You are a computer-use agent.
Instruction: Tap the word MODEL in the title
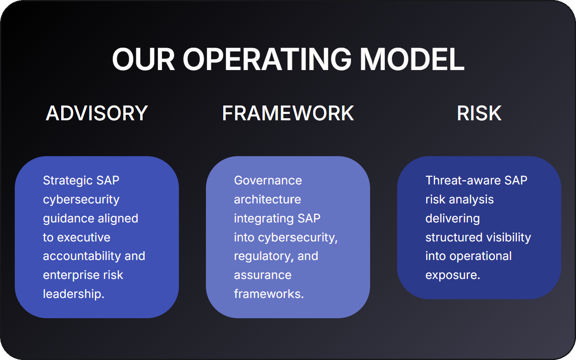pyautogui.click(x=412, y=60)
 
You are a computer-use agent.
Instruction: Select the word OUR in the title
pyautogui.click(x=143, y=60)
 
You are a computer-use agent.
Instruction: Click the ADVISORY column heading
pyautogui.click(x=97, y=113)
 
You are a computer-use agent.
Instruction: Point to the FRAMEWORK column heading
pyautogui.click(x=288, y=113)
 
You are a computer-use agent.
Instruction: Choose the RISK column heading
pyautogui.click(x=479, y=113)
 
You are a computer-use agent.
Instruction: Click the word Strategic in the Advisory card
pyautogui.click(x=68, y=181)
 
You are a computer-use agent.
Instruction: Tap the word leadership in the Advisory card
pyautogui.click(x=72, y=294)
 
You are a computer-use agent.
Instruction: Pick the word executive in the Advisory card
pyautogui.click(x=84, y=237)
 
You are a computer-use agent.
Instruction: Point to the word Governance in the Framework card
pyautogui.click(x=268, y=181)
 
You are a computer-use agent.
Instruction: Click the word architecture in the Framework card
pyautogui.click(x=268, y=200)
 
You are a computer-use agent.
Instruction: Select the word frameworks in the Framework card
pyautogui.click(x=268, y=294)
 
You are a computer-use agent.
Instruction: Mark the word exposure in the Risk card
pyautogui.click(x=451, y=276)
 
